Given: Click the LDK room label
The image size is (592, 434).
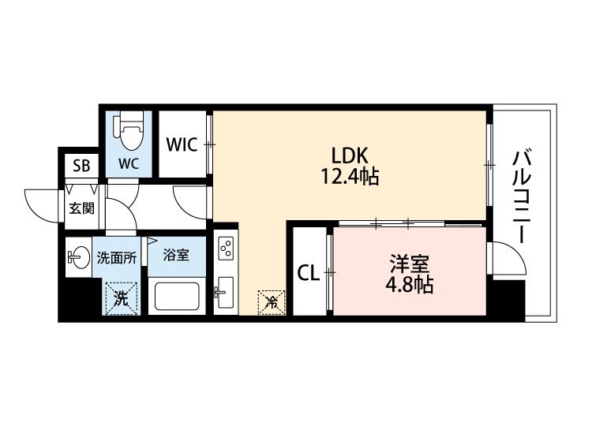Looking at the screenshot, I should point(350,155).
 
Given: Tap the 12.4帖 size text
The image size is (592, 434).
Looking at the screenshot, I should point(350,177).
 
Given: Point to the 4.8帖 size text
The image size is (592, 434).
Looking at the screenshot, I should point(409,284).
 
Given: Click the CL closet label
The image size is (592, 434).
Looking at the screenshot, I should point(308,273).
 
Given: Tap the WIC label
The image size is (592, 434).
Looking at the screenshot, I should point(182,145).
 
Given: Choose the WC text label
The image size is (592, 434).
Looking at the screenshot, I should point(129,164).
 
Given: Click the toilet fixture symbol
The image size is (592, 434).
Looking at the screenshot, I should point(129,132).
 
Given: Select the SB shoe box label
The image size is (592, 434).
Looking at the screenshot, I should point(81,166).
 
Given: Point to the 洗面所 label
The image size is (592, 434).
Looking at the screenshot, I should point(117,256).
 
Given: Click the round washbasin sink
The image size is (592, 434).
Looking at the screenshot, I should point(79,256).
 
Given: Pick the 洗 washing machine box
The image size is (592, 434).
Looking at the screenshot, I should point(121,298).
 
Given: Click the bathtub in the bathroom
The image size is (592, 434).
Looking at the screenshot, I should point(180,297).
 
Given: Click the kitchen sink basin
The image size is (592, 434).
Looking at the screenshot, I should point(225,294).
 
